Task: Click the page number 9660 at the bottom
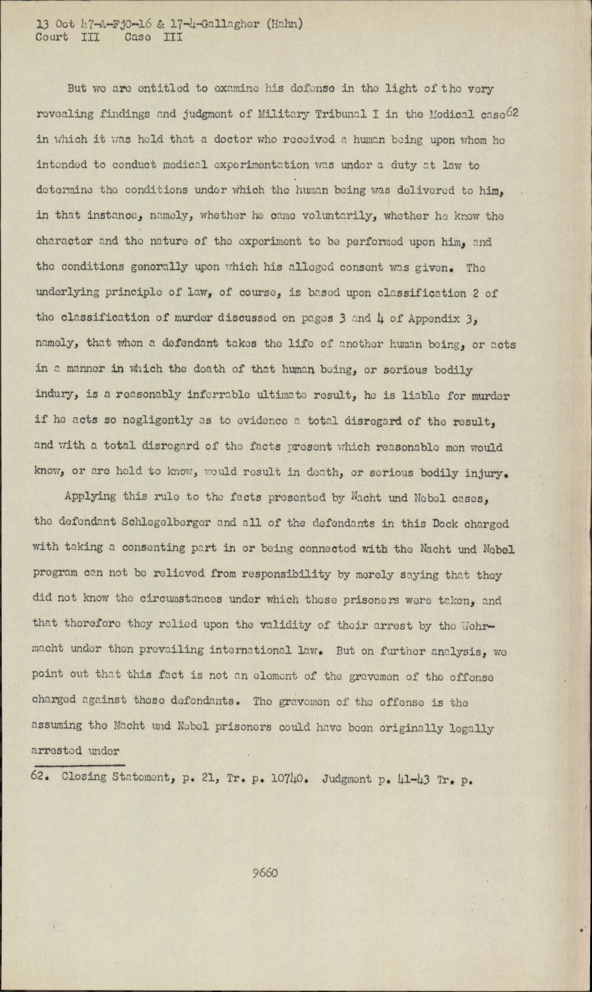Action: tap(265, 873)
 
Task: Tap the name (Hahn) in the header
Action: tap(285, 25)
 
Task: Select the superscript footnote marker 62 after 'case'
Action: tap(511, 111)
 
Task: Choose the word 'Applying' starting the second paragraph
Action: tap(89, 497)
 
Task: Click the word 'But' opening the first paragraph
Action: tap(77, 88)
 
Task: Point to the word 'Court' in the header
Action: tap(51, 37)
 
